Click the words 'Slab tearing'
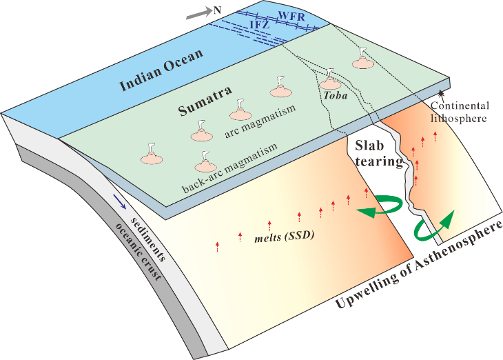(x=378, y=154)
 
